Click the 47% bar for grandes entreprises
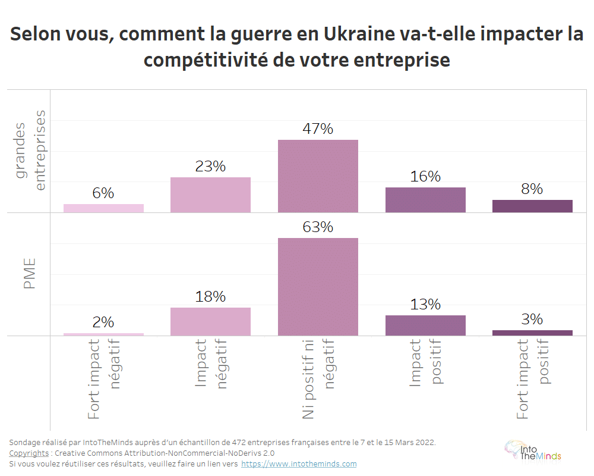[x=318, y=176]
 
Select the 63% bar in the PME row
[x=318, y=287]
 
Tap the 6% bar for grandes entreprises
[x=103, y=208]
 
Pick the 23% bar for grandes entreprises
[x=210, y=195]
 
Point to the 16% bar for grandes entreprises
[x=425, y=200]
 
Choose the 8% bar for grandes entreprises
[x=532, y=206]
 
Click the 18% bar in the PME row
[x=210, y=321]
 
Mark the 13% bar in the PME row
[x=425, y=325]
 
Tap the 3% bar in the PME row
[x=532, y=333]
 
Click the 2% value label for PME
[x=103, y=322]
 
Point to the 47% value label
[x=318, y=129]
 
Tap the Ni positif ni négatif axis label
[x=318, y=379]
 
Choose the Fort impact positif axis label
[x=532, y=379]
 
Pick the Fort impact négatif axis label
[x=103, y=379]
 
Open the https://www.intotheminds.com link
[x=299, y=464]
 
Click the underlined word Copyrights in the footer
[x=29, y=453]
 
